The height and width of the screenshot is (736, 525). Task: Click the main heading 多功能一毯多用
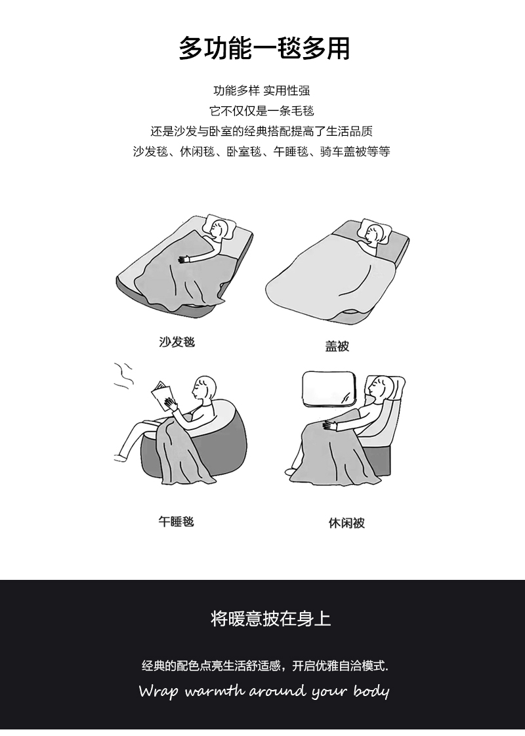264,49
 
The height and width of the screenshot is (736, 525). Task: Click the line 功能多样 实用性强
262,90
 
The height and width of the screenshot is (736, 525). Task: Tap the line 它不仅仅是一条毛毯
262,111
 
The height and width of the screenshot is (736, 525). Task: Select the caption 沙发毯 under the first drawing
177,342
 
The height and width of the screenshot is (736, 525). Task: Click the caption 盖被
337,346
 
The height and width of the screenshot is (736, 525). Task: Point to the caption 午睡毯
176,521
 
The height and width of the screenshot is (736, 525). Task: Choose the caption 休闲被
346,522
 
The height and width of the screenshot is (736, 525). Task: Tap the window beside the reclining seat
329,388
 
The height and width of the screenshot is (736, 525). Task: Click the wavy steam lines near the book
123,375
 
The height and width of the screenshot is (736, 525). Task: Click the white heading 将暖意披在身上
271,619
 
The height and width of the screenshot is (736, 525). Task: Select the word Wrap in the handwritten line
159,691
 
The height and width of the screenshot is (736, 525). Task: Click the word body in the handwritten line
371,691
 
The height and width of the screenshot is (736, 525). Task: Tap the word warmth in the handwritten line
214,691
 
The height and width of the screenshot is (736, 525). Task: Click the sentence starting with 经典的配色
265,666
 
